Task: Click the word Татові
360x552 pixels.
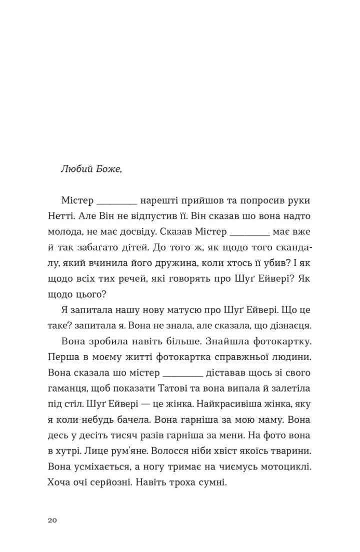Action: point(182,389)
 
